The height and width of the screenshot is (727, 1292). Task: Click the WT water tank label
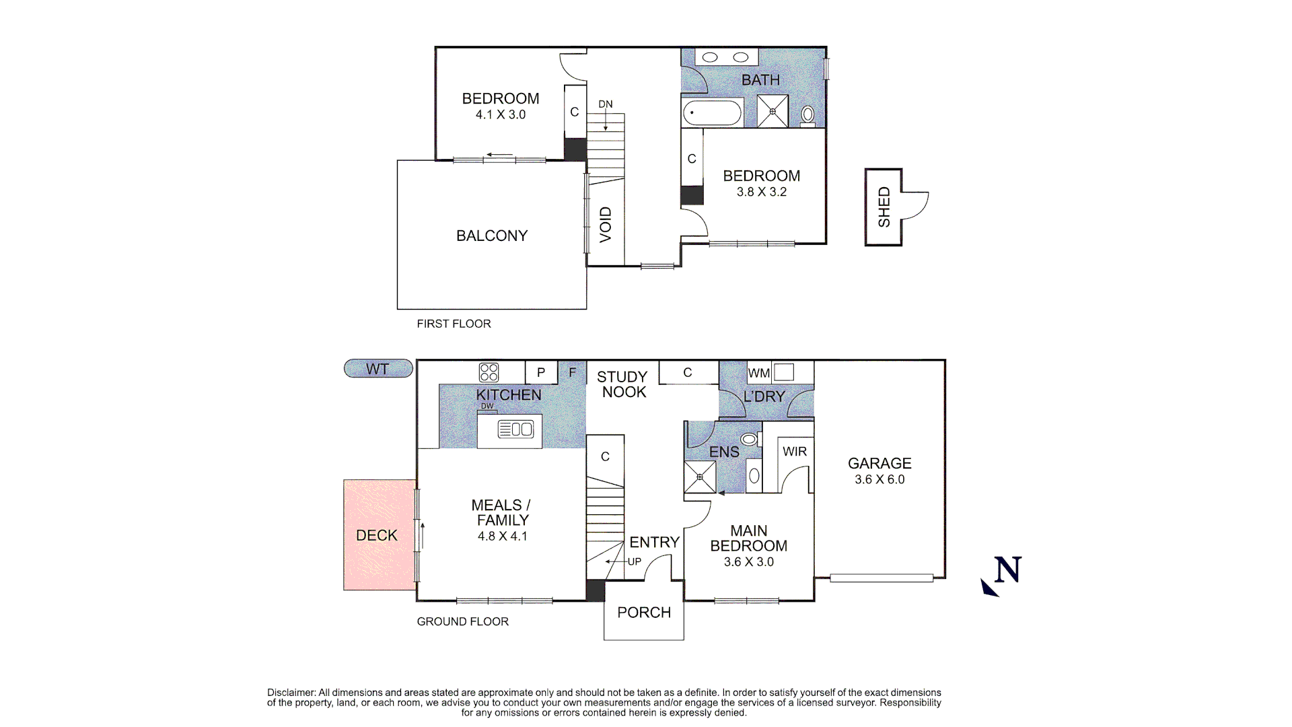coord(378,369)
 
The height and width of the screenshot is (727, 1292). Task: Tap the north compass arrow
coord(989,588)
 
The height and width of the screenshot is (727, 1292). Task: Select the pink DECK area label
coord(377,535)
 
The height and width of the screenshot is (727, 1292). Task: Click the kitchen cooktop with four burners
coord(489,372)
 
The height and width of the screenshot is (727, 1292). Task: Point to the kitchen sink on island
coord(515,429)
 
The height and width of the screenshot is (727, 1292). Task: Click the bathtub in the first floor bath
coord(713,112)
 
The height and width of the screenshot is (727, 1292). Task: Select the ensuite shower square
coord(700,477)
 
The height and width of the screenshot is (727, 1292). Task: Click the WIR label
coord(795,452)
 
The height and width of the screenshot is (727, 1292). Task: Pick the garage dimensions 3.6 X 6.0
coord(880,480)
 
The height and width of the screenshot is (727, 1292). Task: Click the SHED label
coord(884,207)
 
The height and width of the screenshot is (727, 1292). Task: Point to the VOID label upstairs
coord(606,225)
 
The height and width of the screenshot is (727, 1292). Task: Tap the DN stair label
coord(606,104)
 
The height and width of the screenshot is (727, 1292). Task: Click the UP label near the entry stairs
coord(635,561)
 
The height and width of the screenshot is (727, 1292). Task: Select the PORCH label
coord(644,613)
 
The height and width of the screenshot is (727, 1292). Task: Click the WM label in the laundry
coord(758,373)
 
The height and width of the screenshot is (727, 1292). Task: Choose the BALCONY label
coord(492,236)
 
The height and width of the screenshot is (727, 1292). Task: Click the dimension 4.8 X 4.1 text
coord(503,536)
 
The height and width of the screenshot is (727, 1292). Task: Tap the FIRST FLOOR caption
coord(454,324)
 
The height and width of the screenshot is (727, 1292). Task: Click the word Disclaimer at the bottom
coord(291,693)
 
